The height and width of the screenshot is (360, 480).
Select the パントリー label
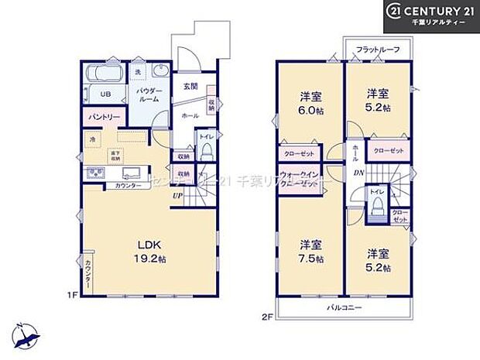(x=102, y=117)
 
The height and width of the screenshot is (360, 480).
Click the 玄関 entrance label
(x=190, y=86)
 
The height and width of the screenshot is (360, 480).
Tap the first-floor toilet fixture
(x=206, y=152)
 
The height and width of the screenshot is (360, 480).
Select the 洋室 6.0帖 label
(x=310, y=104)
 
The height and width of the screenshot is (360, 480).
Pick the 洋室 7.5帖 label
(x=310, y=252)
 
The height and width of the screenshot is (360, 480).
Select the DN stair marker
(x=358, y=173)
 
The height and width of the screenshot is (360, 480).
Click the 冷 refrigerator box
(x=92, y=139)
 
